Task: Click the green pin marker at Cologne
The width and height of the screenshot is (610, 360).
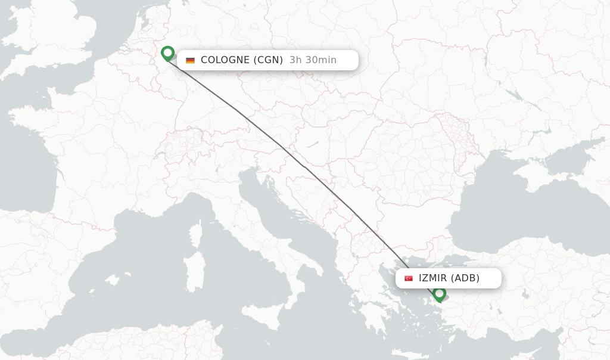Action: [x=167, y=54]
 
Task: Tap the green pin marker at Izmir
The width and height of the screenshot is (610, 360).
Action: [x=440, y=293]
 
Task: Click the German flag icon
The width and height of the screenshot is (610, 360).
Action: [x=191, y=60]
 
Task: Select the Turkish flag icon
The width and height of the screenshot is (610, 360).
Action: [x=409, y=278]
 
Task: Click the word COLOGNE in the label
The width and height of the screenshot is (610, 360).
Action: [x=226, y=60]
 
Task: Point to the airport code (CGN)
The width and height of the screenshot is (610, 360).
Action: [x=269, y=60]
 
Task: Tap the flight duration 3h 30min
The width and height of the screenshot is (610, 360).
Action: [x=313, y=60]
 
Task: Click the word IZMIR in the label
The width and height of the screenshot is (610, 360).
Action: [x=433, y=278]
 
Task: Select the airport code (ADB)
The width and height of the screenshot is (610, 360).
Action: [x=465, y=278]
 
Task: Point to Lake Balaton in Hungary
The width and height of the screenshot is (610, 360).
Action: [x=313, y=143]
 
